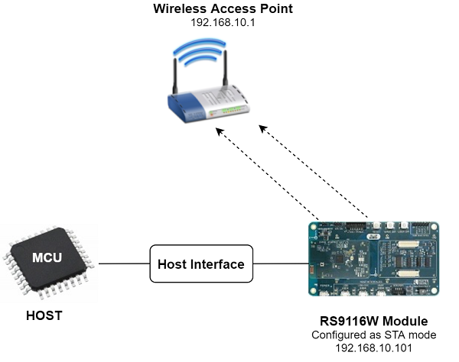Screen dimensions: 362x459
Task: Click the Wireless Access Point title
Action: click(x=224, y=9)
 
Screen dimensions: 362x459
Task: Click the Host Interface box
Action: click(x=200, y=264)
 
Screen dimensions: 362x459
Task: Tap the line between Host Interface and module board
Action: click(x=279, y=264)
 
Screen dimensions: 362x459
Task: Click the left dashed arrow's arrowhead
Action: click(x=218, y=131)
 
